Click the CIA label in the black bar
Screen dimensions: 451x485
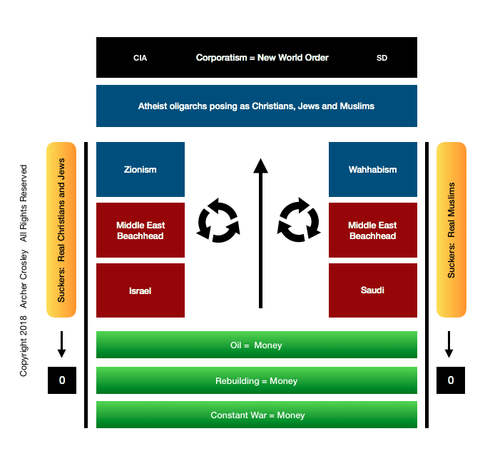point(140,58)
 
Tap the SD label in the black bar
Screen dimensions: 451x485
point(382,58)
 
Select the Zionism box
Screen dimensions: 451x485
point(141,170)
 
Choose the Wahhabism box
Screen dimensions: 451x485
point(373,170)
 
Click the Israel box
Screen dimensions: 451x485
point(141,290)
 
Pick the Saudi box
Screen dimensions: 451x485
point(373,290)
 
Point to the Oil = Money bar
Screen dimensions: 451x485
point(257,345)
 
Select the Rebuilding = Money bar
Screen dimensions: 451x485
point(257,380)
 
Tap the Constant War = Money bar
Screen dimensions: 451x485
point(257,415)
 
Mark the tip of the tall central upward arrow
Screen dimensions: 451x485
point(260,160)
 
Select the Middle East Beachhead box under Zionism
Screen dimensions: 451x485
point(141,230)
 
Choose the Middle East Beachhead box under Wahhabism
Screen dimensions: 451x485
point(373,230)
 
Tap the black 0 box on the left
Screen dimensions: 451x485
point(62,380)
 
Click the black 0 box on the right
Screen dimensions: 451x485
point(451,380)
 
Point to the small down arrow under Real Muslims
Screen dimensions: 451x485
point(449,344)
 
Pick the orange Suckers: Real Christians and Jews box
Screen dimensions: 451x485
point(61,230)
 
